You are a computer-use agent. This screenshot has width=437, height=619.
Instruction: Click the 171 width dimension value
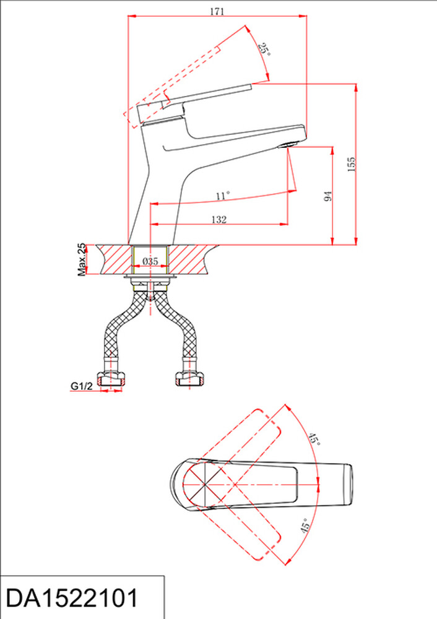(217, 11)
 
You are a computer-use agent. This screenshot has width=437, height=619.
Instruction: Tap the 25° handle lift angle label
(264, 50)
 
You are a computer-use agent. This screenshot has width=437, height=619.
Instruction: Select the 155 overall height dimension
(351, 164)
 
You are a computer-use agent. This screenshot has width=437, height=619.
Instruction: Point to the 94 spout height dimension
(327, 196)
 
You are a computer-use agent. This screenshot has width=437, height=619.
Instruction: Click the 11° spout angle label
(223, 196)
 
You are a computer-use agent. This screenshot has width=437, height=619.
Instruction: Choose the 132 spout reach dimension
(218, 220)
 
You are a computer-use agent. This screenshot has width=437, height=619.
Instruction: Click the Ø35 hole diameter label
(150, 261)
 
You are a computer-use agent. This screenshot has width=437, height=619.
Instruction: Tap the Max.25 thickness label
(82, 259)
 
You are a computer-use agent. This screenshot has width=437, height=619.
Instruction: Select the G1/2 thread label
(81, 386)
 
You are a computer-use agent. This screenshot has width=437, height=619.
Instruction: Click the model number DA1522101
(71, 598)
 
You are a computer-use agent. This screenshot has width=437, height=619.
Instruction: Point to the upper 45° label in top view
(314, 439)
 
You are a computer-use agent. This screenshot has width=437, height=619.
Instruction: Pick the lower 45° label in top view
(304, 526)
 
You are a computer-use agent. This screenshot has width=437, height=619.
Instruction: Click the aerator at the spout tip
(288, 145)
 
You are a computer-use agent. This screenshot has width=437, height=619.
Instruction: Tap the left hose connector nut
(111, 378)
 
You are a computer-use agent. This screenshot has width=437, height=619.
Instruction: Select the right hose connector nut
(189, 378)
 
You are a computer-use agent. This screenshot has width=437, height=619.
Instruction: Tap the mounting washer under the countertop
(150, 277)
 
